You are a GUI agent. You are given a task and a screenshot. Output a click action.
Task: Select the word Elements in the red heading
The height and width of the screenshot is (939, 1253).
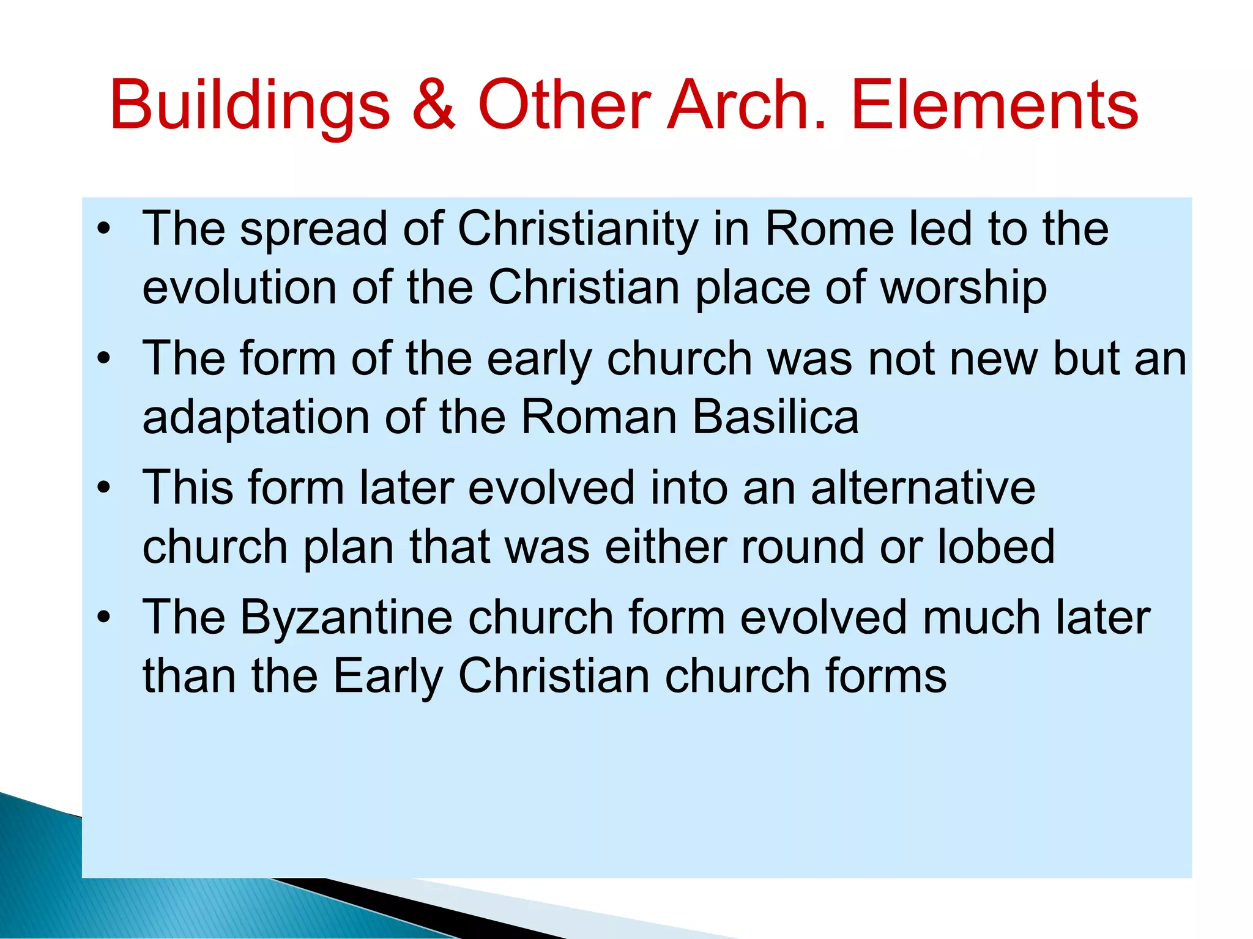[994, 105]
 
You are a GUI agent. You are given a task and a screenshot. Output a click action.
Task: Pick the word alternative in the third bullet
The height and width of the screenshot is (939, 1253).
[923, 488]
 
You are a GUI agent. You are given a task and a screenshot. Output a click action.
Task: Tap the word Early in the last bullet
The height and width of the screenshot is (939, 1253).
[388, 677]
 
